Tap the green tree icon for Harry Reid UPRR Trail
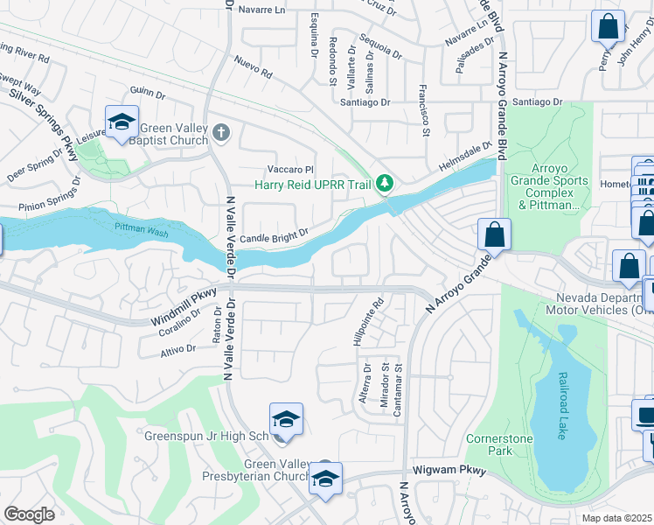(383, 184)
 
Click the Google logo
(29, 514)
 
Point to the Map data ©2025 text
(617, 518)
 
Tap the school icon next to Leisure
(122, 122)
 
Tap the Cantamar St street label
(398, 390)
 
